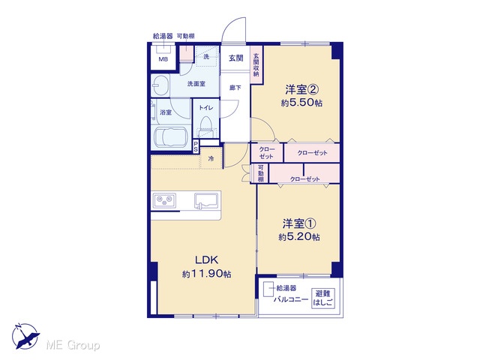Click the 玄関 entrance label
236,58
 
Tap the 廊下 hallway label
235,88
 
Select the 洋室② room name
302,90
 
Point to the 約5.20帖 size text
299,237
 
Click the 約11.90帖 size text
207,274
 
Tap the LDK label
207,260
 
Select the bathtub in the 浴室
170,137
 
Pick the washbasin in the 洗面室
160,84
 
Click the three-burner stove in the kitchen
164,201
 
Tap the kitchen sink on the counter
206,201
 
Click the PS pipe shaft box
196,146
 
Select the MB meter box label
163,59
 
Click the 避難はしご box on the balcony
323,298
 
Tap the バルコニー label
291,299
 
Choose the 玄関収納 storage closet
256,64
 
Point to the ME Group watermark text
73,345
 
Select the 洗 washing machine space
207,56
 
